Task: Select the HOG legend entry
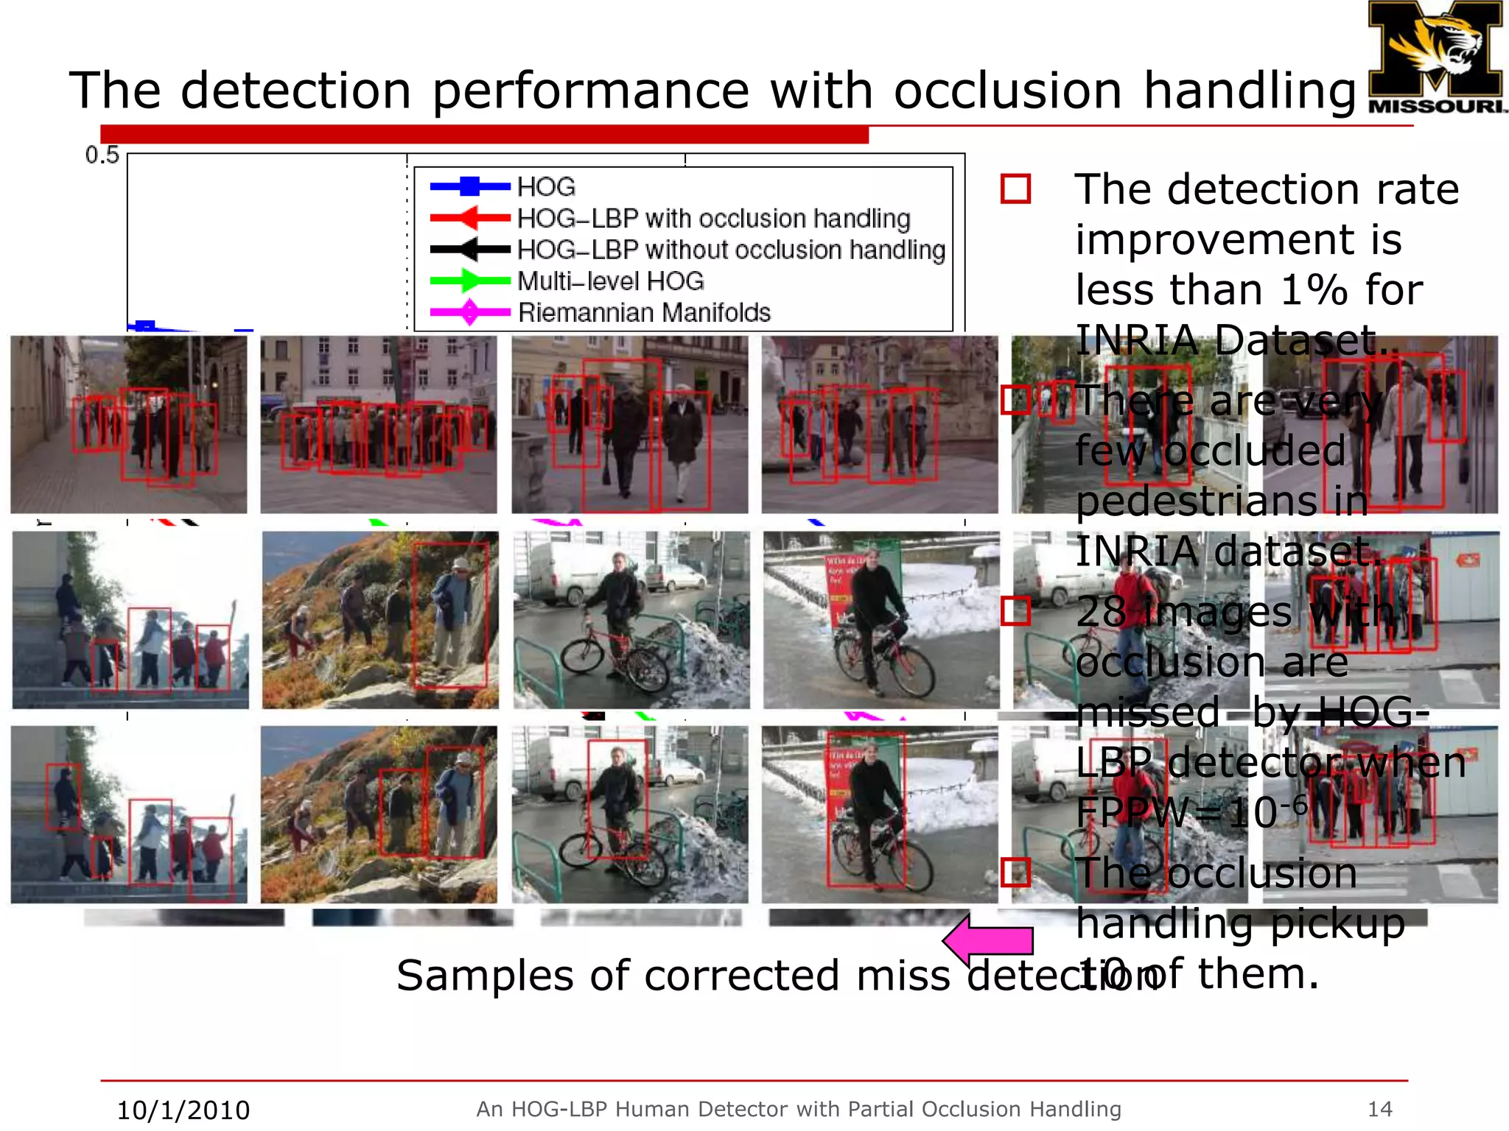point(546,187)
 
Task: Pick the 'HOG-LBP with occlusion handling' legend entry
point(713,219)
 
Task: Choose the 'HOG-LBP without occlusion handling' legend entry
point(730,250)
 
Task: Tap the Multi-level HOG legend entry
point(610,281)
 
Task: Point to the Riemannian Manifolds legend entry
point(644,313)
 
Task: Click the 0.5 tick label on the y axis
point(102,155)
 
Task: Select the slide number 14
point(1379,1109)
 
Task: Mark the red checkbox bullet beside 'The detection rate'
point(1015,189)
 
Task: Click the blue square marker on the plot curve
point(145,325)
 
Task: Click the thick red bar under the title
point(484,135)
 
